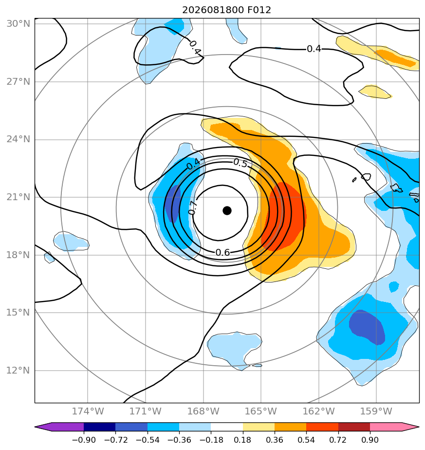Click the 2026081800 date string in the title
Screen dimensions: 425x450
[211, 10]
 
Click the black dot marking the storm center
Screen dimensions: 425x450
[227, 211]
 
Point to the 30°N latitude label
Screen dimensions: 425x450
[18, 23]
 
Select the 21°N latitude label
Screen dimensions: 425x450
[18, 197]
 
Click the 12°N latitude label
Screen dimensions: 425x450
[18, 371]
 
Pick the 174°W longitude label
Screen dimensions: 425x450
[88, 411]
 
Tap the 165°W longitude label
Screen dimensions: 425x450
[260, 411]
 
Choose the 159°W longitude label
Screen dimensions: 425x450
[376, 411]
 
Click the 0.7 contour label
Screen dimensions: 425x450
[193, 208]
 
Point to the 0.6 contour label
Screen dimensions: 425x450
[222, 253]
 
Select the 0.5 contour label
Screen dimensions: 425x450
[240, 163]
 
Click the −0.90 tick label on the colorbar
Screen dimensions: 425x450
[84, 440]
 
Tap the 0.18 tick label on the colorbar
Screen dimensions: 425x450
[243, 440]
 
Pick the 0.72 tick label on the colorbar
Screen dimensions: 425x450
[338, 440]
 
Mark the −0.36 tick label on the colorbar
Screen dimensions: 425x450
[179, 440]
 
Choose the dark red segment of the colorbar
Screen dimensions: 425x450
[354, 427]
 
